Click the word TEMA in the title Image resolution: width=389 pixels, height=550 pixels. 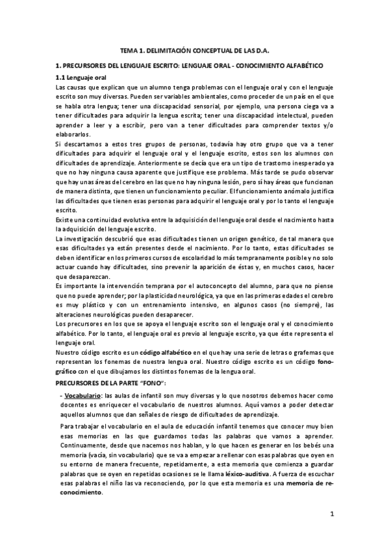[131, 50]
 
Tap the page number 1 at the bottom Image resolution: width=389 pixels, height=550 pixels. [331, 515]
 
